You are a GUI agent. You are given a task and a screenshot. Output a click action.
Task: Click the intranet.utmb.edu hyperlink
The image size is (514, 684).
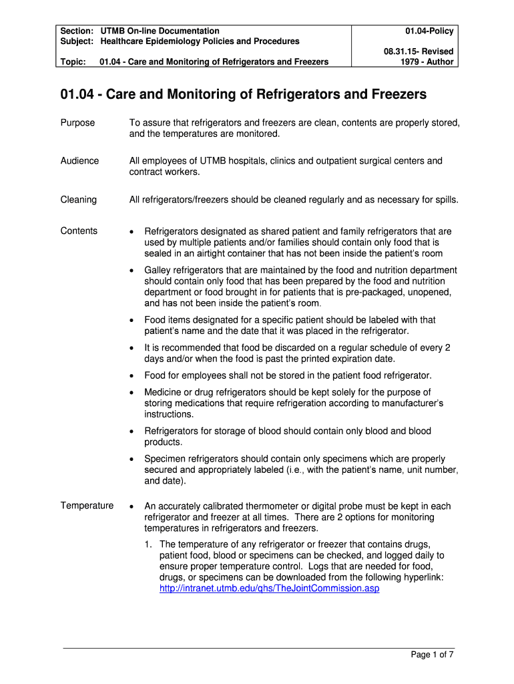pyautogui.click(x=269, y=588)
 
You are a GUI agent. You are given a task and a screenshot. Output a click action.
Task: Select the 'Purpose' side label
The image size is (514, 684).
pyautogui.click(x=77, y=123)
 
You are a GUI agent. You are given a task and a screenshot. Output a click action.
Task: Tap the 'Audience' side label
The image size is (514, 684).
pyautogui.click(x=79, y=161)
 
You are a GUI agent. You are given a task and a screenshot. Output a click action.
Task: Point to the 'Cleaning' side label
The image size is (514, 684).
pyautogui.click(x=78, y=200)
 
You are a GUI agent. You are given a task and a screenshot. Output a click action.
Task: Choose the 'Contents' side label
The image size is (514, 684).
pyautogui.click(x=79, y=231)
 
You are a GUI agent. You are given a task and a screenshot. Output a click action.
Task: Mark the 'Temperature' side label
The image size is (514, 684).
pyautogui.click(x=87, y=506)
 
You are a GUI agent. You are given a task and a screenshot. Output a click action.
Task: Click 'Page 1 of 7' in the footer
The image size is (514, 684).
pyautogui.click(x=432, y=655)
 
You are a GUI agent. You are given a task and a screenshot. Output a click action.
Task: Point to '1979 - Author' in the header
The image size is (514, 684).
pyautogui.click(x=427, y=61)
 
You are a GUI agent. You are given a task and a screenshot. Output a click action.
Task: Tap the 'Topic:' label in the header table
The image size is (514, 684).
pyautogui.click(x=73, y=62)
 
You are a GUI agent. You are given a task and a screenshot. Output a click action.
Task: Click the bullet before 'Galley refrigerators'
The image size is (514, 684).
pyautogui.click(x=132, y=271)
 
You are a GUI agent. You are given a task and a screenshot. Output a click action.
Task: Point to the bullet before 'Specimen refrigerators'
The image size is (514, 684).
pyautogui.click(x=132, y=460)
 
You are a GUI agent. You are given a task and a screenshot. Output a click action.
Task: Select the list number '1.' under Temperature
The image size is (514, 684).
pyautogui.click(x=149, y=544)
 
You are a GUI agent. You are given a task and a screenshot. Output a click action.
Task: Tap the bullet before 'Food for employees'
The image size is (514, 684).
pyautogui.click(x=132, y=375)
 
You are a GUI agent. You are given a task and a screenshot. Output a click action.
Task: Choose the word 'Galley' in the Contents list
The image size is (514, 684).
pyautogui.click(x=158, y=270)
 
